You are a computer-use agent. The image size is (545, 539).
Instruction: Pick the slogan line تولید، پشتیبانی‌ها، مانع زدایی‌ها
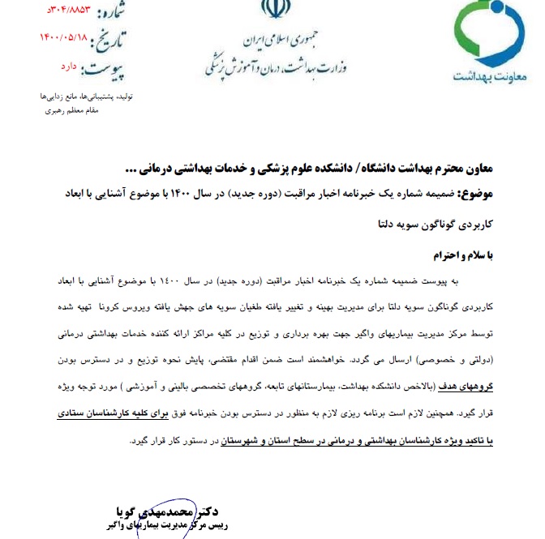pos(71,96)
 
